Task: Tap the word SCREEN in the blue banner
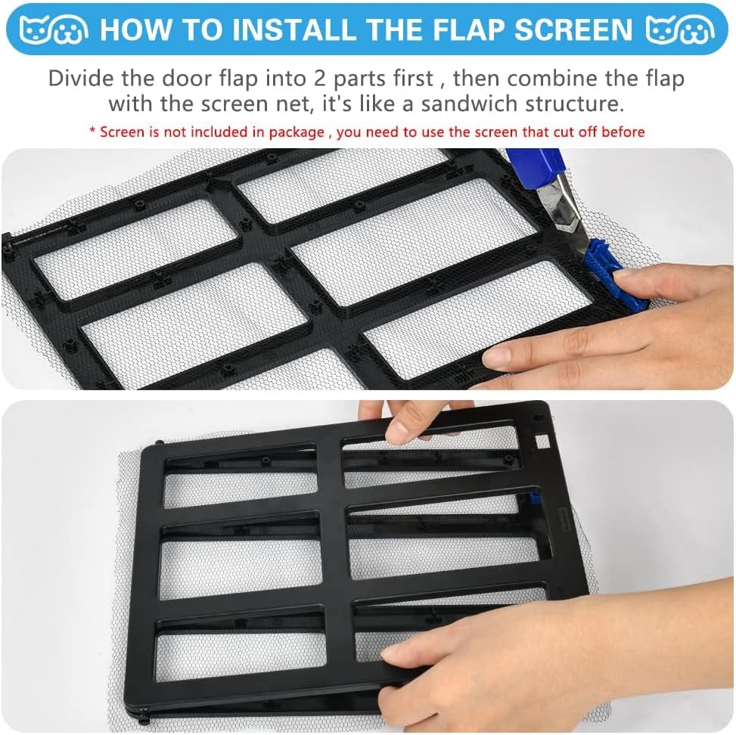coord(574,29)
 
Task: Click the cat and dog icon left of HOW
coord(54,30)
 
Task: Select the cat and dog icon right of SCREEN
coord(680,30)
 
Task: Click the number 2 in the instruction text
coord(320,78)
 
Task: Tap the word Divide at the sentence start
coord(81,78)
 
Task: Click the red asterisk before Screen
coord(92,129)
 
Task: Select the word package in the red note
coord(297,132)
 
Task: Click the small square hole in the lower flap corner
coord(542,441)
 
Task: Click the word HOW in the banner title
coord(135,29)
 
